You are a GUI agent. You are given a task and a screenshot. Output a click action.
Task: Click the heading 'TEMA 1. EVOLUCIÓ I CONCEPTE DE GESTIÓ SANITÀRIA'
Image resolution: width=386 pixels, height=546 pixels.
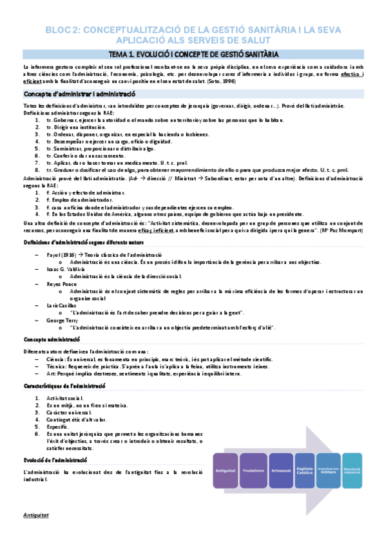[193, 54]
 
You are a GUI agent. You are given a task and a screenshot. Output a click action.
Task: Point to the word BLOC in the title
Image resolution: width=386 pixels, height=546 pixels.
[57, 30]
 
